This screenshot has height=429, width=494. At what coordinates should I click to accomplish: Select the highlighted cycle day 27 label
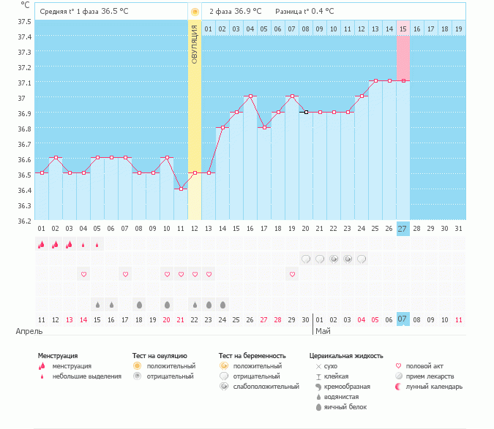[403, 229]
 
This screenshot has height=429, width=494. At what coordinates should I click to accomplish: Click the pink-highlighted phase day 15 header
[403, 29]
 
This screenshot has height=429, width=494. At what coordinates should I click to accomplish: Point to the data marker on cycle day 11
[181, 189]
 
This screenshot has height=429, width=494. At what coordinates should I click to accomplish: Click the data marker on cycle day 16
[250, 96]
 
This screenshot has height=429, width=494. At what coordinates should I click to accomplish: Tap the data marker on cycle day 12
[195, 173]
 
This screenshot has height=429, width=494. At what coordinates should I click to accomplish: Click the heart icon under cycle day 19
[293, 274]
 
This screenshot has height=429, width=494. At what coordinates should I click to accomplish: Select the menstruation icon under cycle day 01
[42, 245]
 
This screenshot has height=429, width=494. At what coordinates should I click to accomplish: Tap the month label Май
[323, 331]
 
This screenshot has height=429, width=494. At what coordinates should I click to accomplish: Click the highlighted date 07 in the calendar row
[403, 319]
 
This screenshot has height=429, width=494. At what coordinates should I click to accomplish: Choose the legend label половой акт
[425, 365]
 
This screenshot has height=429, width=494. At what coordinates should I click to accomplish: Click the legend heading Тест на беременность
[252, 355]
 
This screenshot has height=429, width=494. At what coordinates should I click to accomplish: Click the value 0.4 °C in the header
[319, 12]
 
